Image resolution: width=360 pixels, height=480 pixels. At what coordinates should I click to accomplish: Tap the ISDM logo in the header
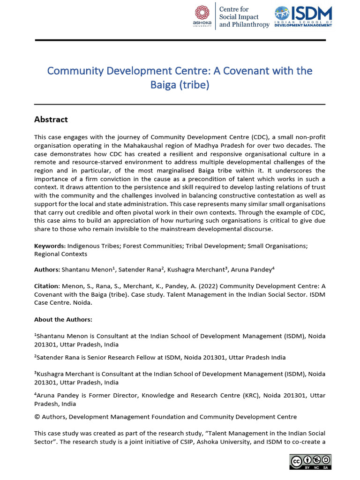coord(303,16)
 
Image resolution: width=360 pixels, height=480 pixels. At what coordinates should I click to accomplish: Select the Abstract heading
coord(51,119)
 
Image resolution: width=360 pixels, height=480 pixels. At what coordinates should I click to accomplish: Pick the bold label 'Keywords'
coord(49,245)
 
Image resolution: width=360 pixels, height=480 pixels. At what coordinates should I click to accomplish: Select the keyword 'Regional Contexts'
coord(60,254)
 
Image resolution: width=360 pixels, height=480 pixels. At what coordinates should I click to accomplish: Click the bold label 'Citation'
coord(46,285)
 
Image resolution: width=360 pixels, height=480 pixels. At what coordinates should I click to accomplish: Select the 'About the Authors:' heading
coord(63,319)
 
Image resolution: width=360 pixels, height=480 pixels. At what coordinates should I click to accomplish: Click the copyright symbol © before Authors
coord(37,416)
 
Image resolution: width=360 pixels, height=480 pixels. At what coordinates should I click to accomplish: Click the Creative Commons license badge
coord(310,462)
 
